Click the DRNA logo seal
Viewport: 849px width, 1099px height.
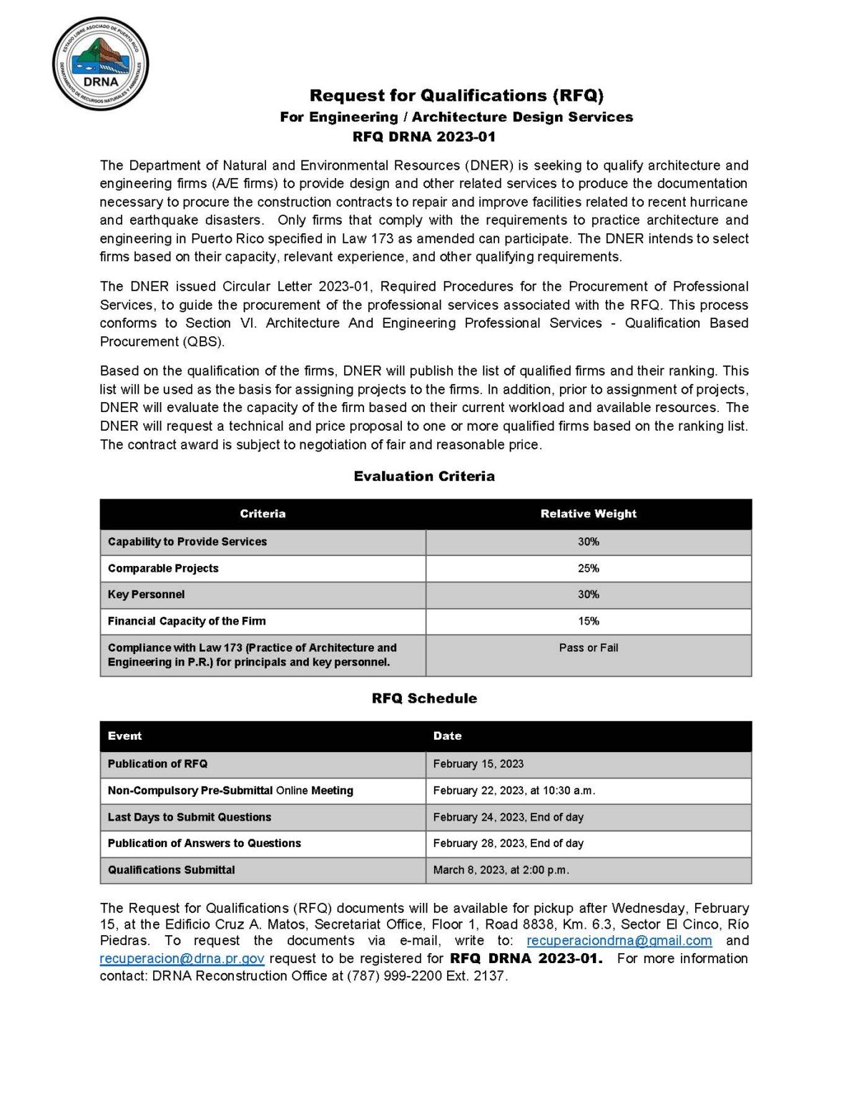100,64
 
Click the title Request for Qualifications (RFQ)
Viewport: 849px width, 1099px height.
456,95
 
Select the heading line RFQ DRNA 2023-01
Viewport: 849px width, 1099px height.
424,137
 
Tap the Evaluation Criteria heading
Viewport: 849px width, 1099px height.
424,476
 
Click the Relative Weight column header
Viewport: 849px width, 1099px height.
588,514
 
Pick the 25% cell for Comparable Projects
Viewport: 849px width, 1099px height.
588,568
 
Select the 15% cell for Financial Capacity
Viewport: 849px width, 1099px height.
588,621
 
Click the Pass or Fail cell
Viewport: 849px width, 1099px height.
588,648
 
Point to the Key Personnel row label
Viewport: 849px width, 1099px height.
146,595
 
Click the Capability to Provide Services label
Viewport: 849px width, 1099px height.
187,542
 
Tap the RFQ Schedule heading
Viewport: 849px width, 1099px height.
424,698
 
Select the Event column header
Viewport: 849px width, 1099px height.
125,736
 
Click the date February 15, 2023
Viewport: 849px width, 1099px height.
478,763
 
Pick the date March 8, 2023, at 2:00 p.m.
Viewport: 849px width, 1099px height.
501,870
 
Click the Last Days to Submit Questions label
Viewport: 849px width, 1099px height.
190,817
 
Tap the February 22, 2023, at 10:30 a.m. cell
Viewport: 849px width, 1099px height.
514,791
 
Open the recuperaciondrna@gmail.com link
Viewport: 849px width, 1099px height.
619,941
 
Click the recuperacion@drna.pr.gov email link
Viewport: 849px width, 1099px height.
182,959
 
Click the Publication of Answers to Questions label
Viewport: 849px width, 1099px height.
205,844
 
